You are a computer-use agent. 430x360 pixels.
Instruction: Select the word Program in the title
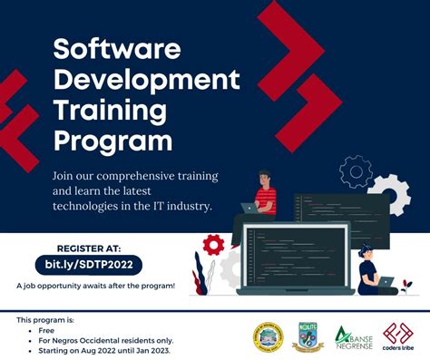click(x=113, y=141)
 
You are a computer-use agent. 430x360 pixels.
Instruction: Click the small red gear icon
click(x=213, y=244)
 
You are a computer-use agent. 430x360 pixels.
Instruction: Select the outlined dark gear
click(x=356, y=170)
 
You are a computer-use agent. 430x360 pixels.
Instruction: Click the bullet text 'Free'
click(x=46, y=331)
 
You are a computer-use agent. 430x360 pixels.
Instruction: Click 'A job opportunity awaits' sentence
click(x=95, y=285)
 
